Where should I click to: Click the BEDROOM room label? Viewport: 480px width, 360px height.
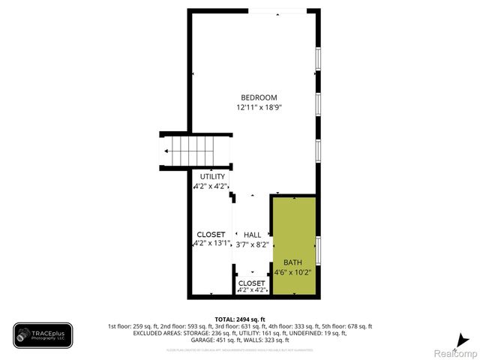(x=259, y=97)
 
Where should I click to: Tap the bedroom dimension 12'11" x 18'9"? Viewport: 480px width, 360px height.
(x=259, y=107)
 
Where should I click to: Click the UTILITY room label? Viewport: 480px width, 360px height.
(x=212, y=176)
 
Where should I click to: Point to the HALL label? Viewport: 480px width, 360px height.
(x=253, y=235)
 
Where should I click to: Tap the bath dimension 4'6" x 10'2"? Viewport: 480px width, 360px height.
(x=292, y=271)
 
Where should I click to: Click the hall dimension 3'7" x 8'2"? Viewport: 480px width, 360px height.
(x=253, y=243)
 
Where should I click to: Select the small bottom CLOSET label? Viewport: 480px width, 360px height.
(x=252, y=283)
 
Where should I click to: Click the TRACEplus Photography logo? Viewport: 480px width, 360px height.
(x=43, y=335)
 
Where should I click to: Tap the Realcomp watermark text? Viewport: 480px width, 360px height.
(x=456, y=352)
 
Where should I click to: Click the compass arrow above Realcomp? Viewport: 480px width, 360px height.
(x=466, y=339)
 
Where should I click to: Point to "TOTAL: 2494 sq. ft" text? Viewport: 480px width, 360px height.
(x=240, y=318)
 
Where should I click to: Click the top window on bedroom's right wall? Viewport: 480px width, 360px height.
(x=319, y=59)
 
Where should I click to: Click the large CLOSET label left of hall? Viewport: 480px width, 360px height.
(x=211, y=234)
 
